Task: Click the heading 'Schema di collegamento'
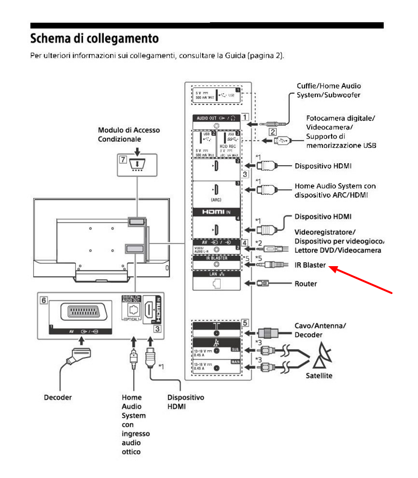(x=94, y=37)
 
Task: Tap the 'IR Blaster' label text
(x=310, y=265)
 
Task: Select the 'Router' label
(x=306, y=283)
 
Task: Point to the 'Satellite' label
(x=319, y=376)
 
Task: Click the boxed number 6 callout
(x=44, y=299)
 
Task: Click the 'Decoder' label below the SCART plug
(x=58, y=397)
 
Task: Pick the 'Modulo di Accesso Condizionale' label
(x=129, y=135)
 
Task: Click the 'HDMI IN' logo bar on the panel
(x=216, y=211)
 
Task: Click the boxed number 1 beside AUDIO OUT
(x=245, y=117)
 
